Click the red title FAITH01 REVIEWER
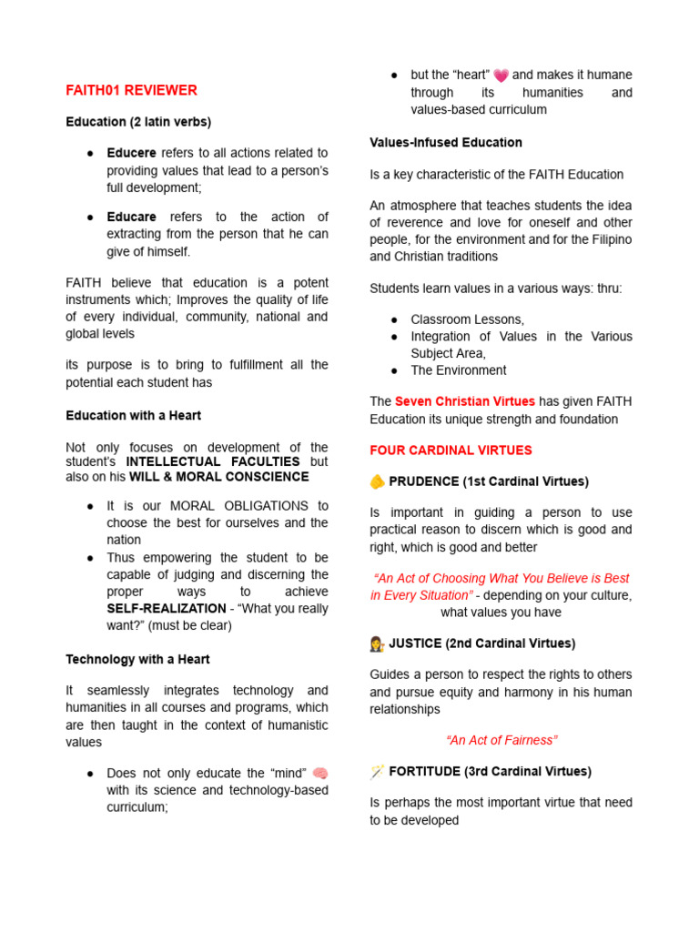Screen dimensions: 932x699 pos(131,90)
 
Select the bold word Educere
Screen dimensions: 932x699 pos(131,153)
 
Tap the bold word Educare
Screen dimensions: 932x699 pos(131,217)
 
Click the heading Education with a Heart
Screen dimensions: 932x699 pos(133,415)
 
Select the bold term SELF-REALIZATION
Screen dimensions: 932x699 pos(166,608)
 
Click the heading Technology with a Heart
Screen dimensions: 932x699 pos(137,659)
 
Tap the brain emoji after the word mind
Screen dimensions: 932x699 pos(319,773)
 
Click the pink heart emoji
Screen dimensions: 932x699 pos(501,76)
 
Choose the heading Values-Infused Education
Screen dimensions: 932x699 pos(446,142)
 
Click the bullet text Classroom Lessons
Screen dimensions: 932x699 pos(467,319)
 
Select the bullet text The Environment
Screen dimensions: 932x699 pos(459,370)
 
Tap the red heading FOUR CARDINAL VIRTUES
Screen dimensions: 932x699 pos(451,451)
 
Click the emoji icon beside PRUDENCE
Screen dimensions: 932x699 pos(377,481)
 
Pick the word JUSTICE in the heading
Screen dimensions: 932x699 pos(415,643)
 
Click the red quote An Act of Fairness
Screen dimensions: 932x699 pos(501,740)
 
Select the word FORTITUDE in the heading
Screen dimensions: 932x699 pos(425,771)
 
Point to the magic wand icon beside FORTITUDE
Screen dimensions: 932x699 pos(377,772)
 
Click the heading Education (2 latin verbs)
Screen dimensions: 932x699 pos(138,121)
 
